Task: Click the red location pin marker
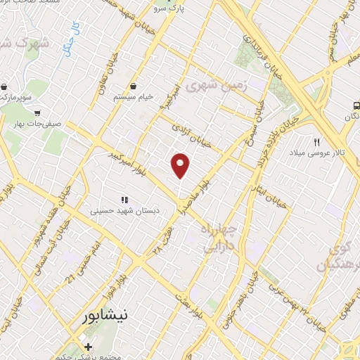click(181, 166)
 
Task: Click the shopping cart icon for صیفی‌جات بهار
click(37, 111)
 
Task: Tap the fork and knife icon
click(317, 143)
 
